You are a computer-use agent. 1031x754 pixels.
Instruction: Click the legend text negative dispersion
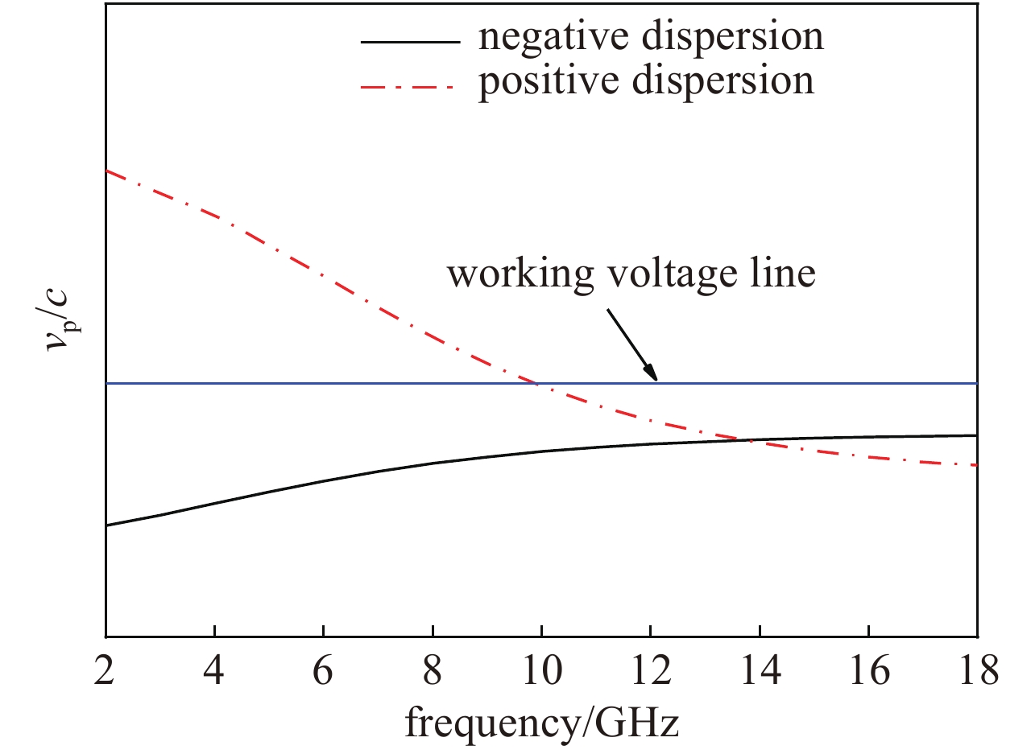click(651, 37)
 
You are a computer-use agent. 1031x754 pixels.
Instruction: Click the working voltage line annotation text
click(631, 274)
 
